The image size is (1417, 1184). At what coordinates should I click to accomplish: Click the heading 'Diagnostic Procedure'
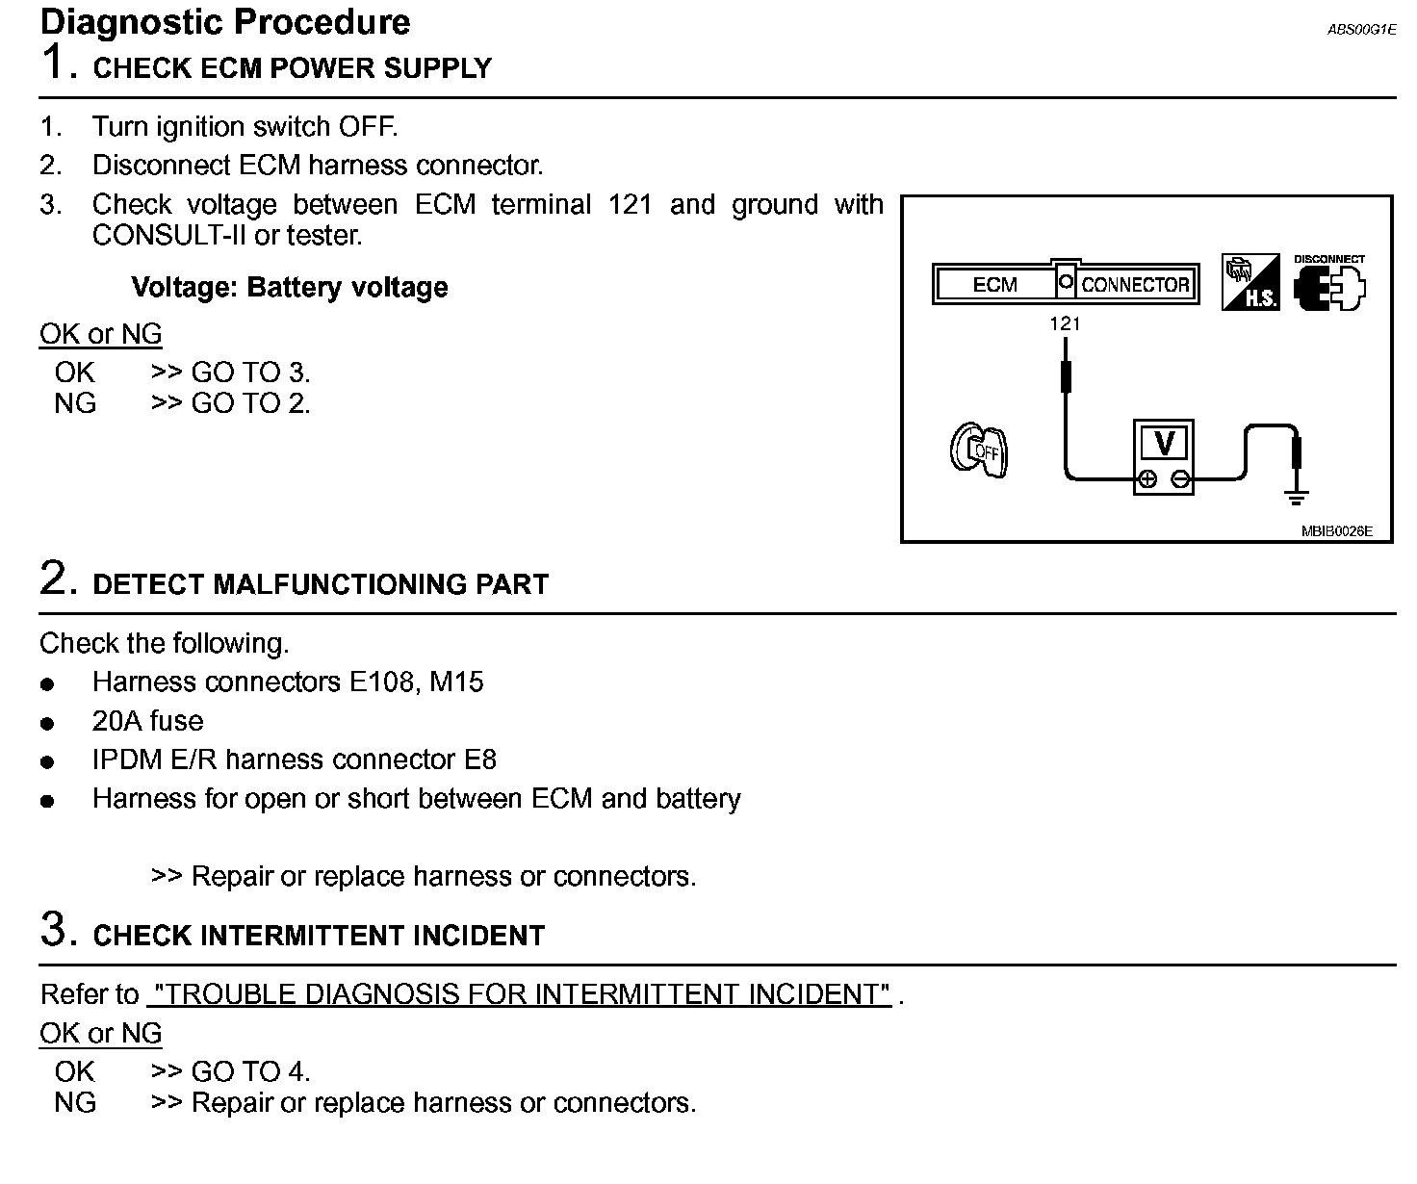coord(226,22)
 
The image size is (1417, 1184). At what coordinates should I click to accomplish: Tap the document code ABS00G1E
coord(1361,30)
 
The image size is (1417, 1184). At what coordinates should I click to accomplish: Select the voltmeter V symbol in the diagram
coord(1164,444)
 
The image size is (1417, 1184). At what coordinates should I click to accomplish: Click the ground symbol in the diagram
coord(1297,498)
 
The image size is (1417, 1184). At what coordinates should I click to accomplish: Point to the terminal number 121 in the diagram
coord(1065,324)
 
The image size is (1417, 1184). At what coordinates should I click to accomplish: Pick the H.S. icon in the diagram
coord(1250,283)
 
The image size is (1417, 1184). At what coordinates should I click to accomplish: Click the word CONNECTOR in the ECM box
coord(1135,285)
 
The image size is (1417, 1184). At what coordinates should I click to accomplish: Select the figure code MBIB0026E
coord(1337,530)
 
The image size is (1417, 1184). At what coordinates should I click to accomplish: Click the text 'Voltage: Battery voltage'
coord(289,288)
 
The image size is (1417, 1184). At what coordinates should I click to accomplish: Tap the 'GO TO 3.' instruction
coord(250,373)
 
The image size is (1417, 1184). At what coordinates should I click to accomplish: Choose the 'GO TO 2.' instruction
coord(250,403)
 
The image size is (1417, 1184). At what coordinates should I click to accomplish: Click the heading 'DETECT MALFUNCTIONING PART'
coord(321,584)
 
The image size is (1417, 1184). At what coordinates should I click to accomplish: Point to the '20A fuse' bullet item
coord(147,721)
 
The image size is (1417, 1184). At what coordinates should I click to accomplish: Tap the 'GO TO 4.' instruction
coord(250,1071)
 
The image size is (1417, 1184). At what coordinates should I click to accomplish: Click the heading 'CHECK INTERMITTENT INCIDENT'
coord(319,936)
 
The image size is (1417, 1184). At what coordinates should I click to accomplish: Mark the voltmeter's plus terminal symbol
coord(1147,479)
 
